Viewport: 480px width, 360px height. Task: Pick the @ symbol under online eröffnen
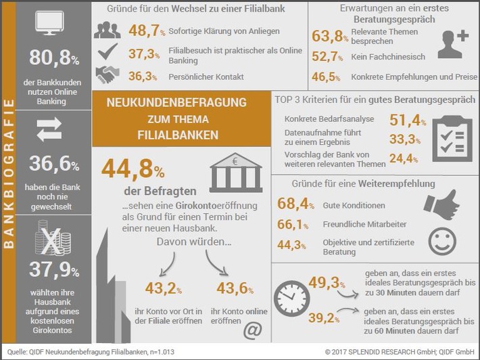point(251,331)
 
